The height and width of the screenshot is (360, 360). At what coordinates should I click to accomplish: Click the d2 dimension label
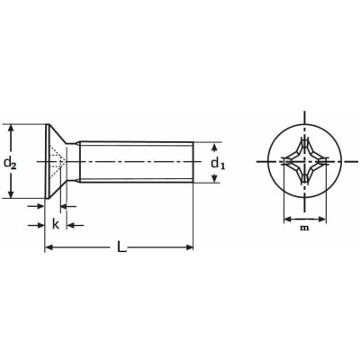coord(10,164)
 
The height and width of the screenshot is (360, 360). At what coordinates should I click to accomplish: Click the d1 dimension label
coord(218,164)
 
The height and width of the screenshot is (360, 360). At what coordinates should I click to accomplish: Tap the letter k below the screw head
coord(55,224)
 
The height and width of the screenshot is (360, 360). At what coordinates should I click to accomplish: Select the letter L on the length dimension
coord(121,247)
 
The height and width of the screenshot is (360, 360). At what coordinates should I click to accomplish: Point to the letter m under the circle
coord(304,228)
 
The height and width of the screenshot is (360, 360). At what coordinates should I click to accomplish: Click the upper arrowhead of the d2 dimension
coord(12,128)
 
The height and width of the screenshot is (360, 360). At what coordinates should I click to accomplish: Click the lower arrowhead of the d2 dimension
coord(12,194)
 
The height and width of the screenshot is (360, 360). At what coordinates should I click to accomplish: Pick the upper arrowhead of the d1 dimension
coord(215,147)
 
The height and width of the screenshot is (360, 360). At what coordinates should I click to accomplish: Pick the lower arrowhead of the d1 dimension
coord(215,179)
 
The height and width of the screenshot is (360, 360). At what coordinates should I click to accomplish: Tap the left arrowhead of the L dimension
coord(49,247)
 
